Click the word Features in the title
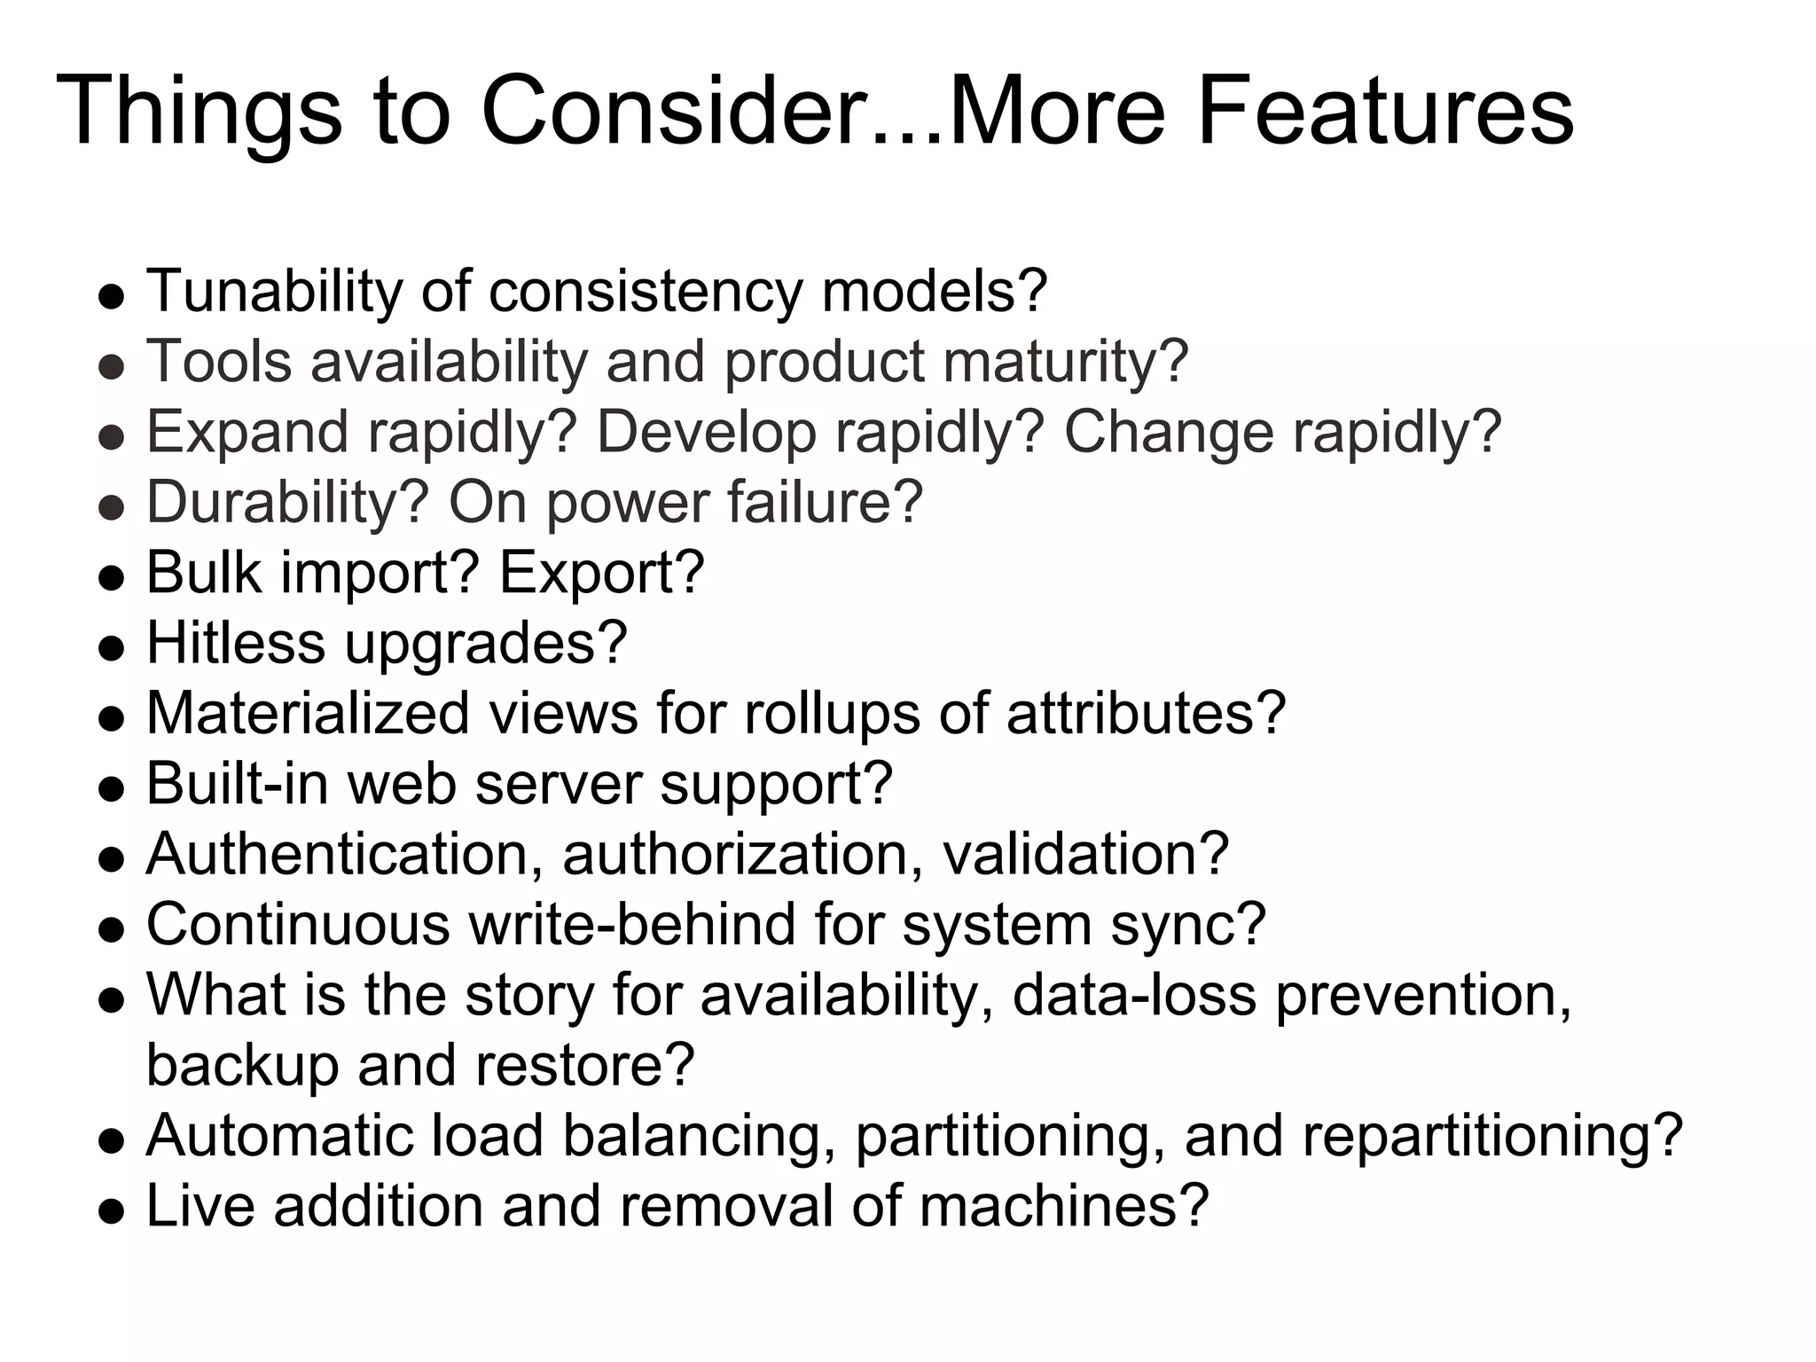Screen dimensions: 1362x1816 (x=1385, y=112)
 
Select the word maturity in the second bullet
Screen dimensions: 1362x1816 (x=1064, y=362)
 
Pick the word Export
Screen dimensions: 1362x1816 (x=601, y=572)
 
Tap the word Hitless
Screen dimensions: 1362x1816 (x=235, y=642)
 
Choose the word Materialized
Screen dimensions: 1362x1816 (x=307, y=713)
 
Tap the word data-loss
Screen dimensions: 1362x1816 (x=1134, y=994)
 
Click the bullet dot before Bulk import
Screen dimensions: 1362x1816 (x=111, y=579)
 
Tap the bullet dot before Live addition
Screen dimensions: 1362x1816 (x=111, y=1212)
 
